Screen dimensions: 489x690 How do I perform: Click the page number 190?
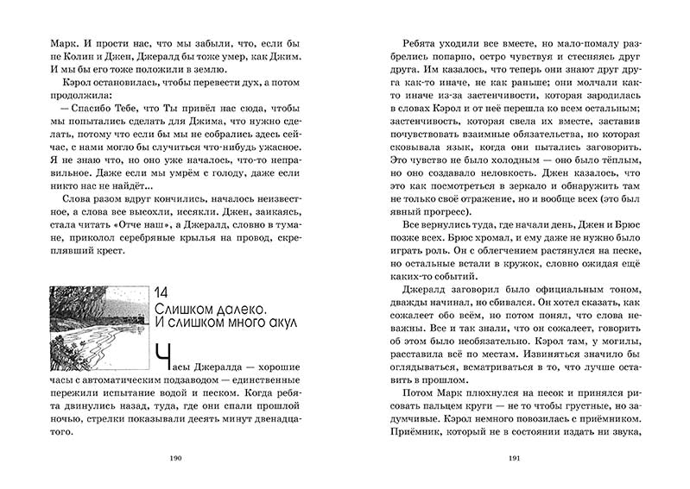pos(180,459)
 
